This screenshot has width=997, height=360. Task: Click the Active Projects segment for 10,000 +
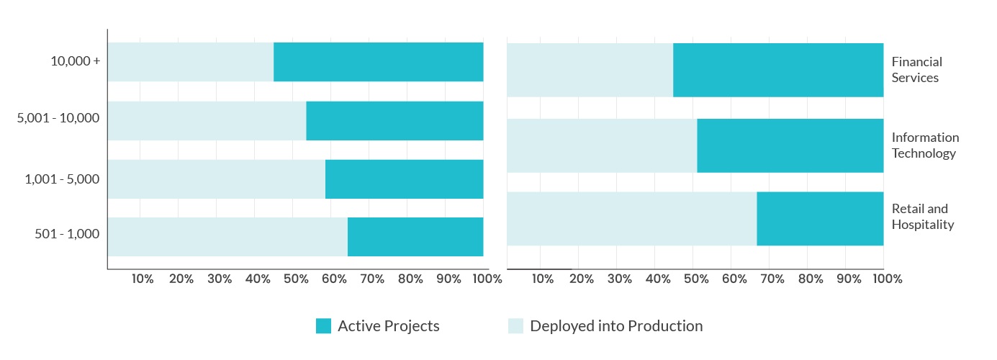click(x=379, y=62)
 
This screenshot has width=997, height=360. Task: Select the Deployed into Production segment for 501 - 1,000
click(x=228, y=237)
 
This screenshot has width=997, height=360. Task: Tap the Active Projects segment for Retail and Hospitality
click(x=820, y=218)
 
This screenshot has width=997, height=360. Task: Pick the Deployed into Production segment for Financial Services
click(x=590, y=70)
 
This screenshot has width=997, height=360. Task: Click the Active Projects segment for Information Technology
click(x=790, y=145)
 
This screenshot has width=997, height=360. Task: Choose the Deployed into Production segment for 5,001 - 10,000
click(x=207, y=120)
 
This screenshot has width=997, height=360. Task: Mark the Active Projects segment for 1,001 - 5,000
click(x=404, y=179)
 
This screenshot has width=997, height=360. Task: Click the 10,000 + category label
click(x=76, y=61)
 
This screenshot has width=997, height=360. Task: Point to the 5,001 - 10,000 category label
click(x=58, y=118)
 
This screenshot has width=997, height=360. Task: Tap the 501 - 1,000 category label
click(x=67, y=233)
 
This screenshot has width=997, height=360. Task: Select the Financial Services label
click(x=917, y=70)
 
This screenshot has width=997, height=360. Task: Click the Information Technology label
click(x=925, y=145)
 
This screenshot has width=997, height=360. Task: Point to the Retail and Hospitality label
click(x=923, y=217)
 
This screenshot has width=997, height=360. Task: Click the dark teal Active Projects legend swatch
click(x=324, y=325)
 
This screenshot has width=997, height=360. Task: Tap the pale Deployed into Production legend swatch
click(x=516, y=325)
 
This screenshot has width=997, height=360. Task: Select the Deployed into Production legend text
click(x=616, y=326)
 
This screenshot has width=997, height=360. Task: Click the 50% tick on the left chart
click(x=296, y=279)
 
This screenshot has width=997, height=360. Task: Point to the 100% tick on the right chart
click(x=888, y=279)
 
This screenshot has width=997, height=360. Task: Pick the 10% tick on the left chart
click(x=143, y=279)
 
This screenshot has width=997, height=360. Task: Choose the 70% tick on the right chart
click(x=772, y=279)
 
